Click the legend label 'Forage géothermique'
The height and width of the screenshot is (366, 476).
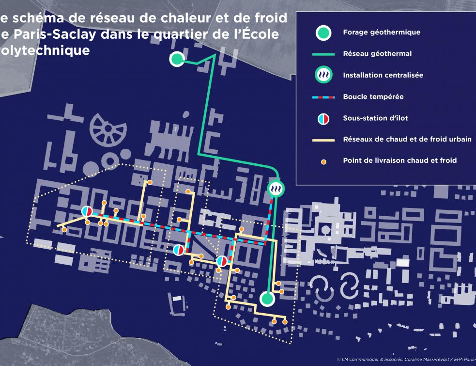click(381, 32)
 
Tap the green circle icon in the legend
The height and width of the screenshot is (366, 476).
click(323, 33)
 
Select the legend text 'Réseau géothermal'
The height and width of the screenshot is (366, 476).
click(377, 54)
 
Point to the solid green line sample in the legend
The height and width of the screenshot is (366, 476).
click(323, 54)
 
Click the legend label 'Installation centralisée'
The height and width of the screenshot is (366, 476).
click(383, 75)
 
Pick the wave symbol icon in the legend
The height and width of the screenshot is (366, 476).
click(323, 76)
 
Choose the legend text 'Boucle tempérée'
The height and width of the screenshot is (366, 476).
click(373, 96)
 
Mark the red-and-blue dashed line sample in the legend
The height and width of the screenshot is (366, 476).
click(323, 97)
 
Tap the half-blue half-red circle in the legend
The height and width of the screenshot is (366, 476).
click(323, 118)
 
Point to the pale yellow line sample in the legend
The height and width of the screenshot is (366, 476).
click(323, 140)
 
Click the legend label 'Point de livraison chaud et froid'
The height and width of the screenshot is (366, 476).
click(399, 160)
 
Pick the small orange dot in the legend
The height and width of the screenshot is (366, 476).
click(323, 161)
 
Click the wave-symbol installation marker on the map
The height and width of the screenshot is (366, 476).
click(276, 188)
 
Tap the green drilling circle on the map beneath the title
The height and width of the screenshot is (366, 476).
click(177, 59)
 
